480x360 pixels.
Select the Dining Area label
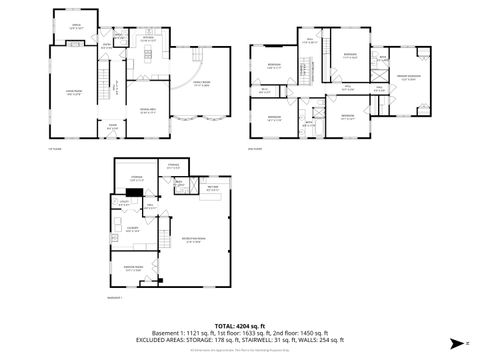(x=148, y=111)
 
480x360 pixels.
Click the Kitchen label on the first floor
(x=146, y=40)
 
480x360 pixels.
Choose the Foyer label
(x=113, y=127)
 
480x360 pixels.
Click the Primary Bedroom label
(x=404, y=78)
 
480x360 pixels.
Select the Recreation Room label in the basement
(x=194, y=240)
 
